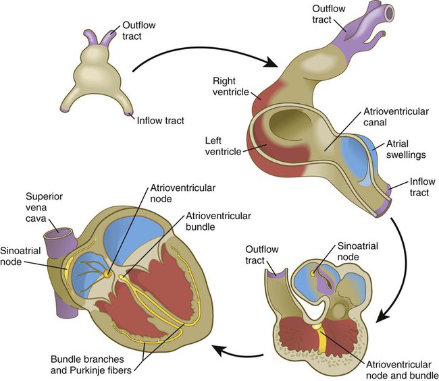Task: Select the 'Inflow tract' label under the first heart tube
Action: coord(161,121)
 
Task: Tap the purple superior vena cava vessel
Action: coord(58,236)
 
